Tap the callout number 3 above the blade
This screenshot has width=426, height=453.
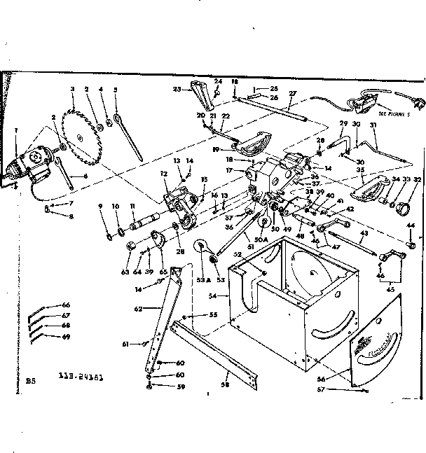72,89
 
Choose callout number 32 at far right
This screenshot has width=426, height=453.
418,180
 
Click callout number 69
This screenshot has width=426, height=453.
67,337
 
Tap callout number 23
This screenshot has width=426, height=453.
177,89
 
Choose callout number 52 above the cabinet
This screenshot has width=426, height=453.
238,254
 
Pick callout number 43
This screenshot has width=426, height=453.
364,233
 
